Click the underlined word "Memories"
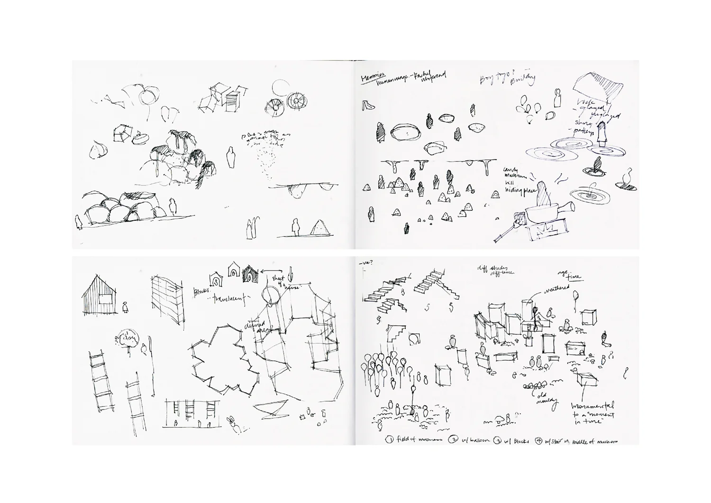[x=373, y=77]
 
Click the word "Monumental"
[x=592, y=407]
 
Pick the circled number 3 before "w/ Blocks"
[x=498, y=440]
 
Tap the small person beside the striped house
[x=125, y=307]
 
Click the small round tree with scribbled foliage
[x=128, y=338]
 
